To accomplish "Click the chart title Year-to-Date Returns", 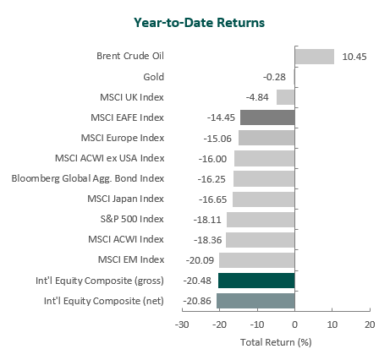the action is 199,23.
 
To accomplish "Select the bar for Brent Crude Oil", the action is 315,57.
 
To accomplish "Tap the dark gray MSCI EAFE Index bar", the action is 267,117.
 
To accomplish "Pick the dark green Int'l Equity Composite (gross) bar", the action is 256,281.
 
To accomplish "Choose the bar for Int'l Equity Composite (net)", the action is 255,301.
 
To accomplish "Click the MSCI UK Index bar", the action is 286,97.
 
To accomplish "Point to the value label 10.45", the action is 354,57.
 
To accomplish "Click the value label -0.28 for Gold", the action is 274,77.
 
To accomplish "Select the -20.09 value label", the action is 200,260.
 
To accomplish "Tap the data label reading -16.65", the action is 212,199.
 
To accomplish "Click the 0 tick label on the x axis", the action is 294,325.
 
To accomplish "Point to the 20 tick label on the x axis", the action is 370,325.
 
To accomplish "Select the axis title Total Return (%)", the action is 276,342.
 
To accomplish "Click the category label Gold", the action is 154,77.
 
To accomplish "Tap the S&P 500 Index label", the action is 132,219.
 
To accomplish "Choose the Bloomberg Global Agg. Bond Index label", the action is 88,178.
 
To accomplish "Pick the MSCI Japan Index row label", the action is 125,199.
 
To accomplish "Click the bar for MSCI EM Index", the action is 257,260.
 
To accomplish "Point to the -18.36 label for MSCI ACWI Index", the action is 208,240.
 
